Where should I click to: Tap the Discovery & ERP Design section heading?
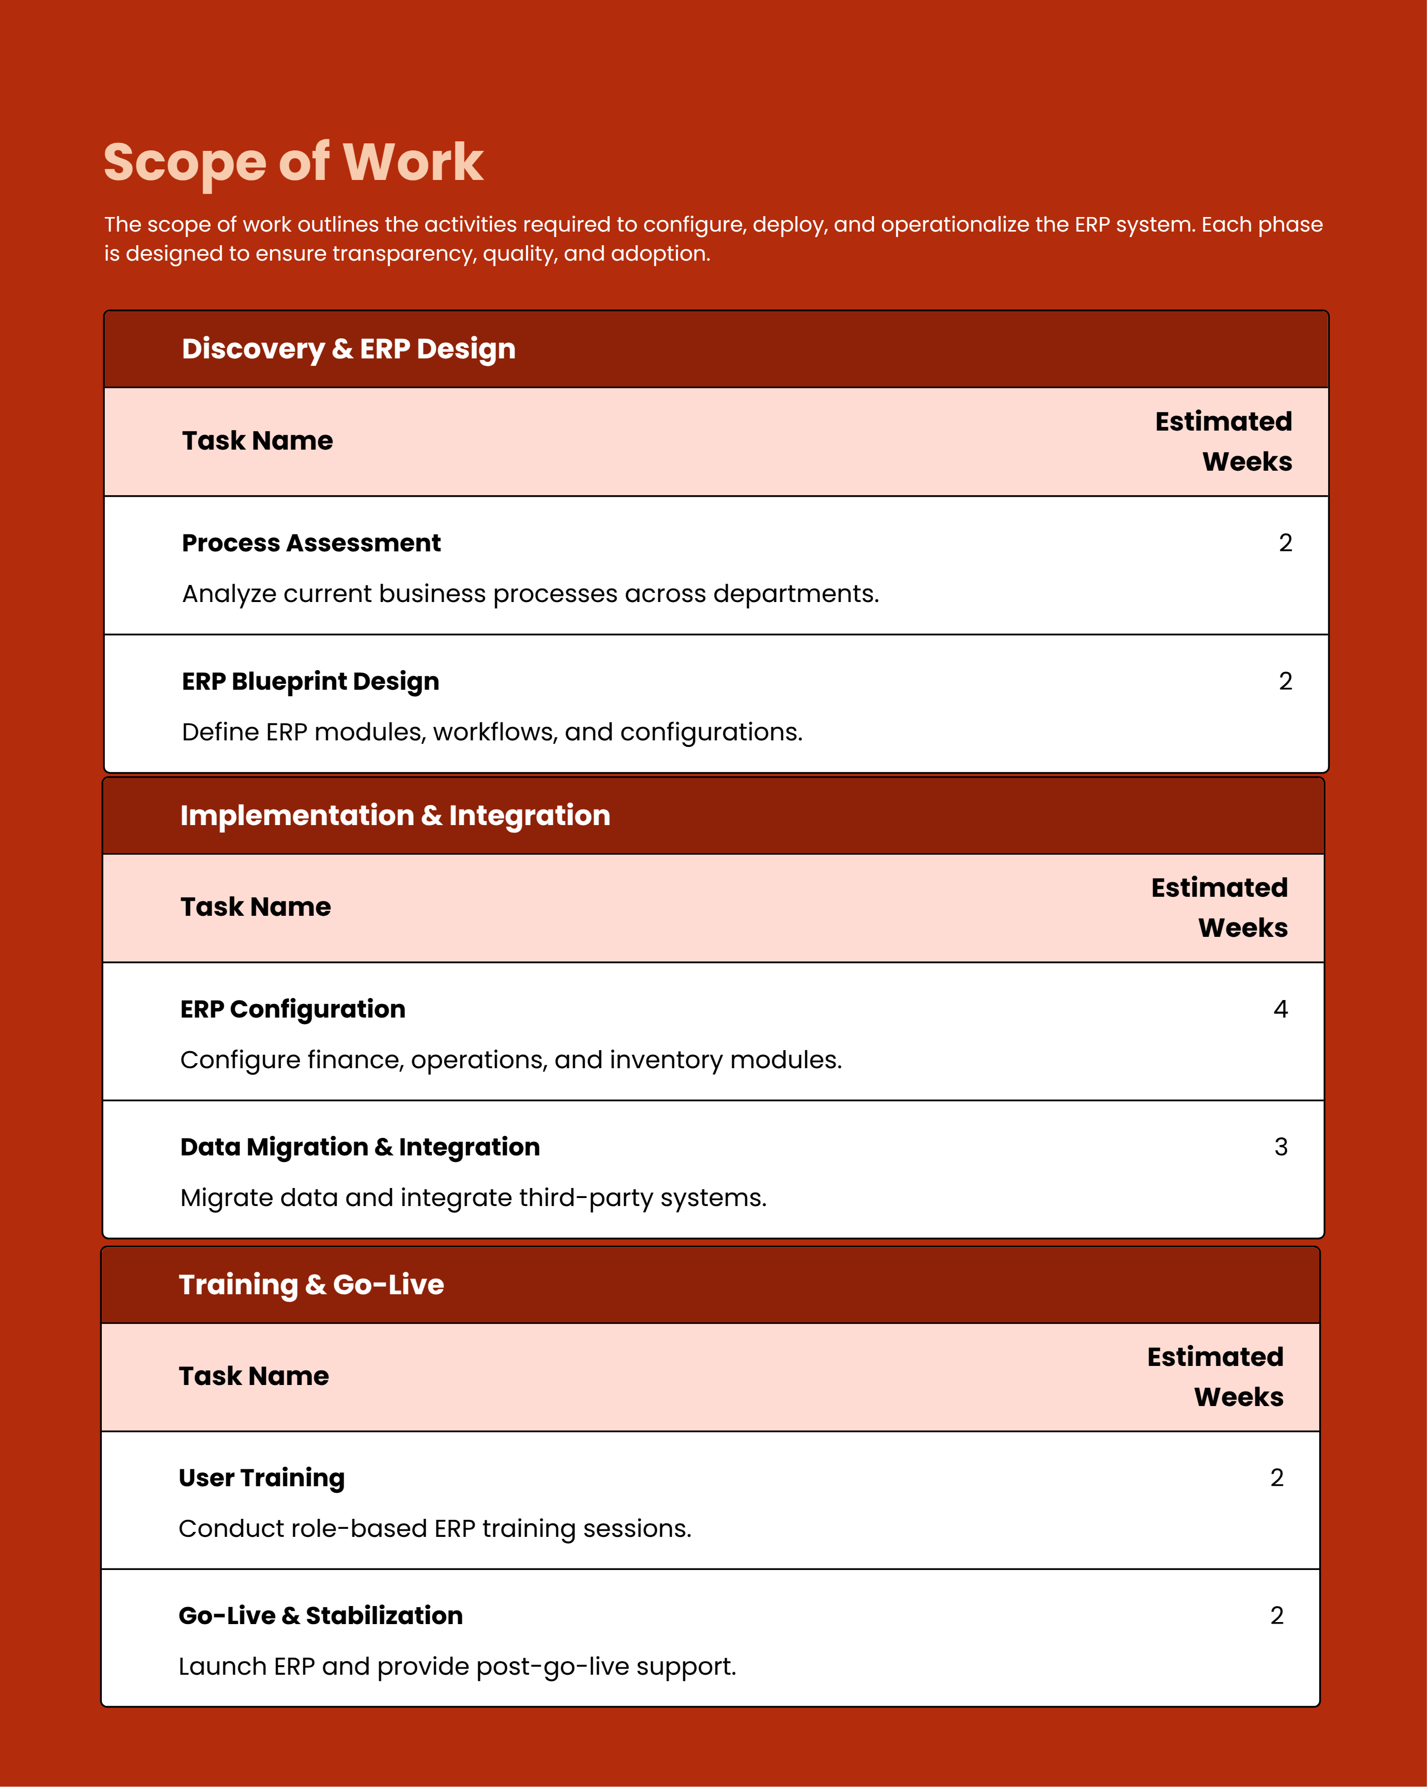(x=348, y=349)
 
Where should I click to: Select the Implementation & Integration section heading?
(x=395, y=816)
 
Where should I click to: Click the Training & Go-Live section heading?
(x=311, y=1285)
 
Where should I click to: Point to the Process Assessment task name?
(x=311, y=543)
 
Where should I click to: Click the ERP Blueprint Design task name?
(x=310, y=681)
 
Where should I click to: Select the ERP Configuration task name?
(x=293, y=1009)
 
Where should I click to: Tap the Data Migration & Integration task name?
(x=360, y=1147)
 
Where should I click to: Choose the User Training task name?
(x=261, y=1478)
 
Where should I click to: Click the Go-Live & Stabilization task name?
(x=320, y=1616)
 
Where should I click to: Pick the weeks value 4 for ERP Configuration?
(x=1280, y=1009)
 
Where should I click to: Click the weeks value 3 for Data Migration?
(x=1280, y=1147)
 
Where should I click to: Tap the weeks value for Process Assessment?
(x=1285, y=543)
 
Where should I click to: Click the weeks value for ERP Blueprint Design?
(x=1285, y=681)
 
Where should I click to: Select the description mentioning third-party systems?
(x=473, y=1198)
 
